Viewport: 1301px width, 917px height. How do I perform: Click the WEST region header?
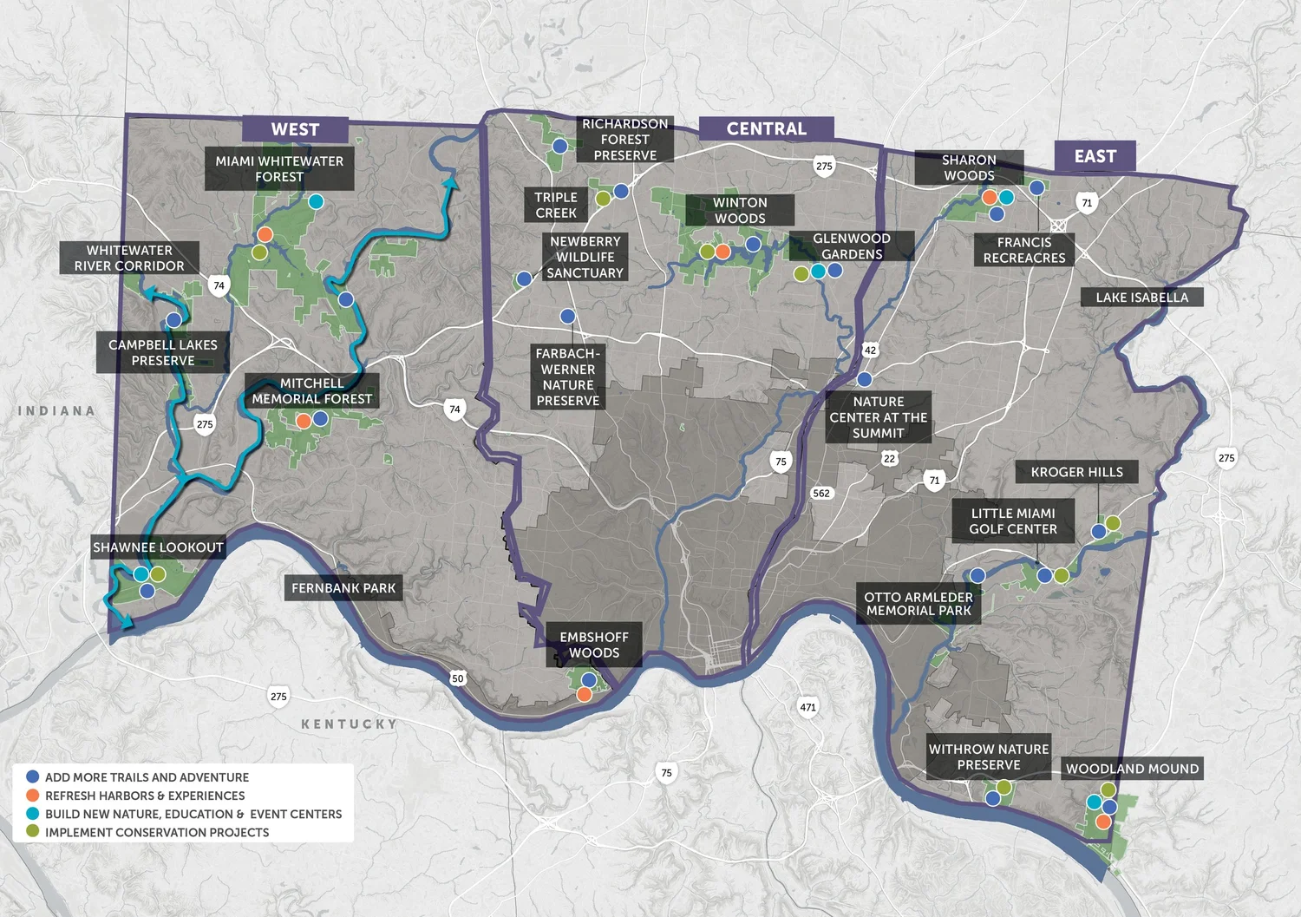coord(295,129)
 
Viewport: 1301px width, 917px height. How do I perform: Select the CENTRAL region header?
coord(766,128)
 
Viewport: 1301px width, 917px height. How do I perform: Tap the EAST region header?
coord(1095,156)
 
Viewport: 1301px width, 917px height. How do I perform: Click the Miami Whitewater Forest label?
coord(279,169)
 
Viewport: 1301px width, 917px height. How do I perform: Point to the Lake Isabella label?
coord(1141,298)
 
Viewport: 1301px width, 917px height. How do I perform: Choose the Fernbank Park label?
coord(343,588)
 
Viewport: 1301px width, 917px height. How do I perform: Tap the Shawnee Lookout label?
coord(159,547)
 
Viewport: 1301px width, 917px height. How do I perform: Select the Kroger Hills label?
coord(1076,472)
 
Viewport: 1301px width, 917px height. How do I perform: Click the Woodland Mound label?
coord(1132,769)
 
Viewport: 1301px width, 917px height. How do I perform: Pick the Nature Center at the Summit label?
coord(878,417)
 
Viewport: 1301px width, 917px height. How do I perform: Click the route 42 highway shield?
coord(870,350)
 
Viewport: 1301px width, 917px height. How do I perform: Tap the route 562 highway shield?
coord(821,494)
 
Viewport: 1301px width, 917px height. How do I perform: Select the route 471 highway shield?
coord(807,707)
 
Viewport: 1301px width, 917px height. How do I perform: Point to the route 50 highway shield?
coord(458,678)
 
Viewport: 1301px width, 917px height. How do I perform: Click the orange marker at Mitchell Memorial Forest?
coord(304,421)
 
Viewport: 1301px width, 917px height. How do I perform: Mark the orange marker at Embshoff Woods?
coord(585,694)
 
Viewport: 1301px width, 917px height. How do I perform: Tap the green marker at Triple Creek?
coord(603,199)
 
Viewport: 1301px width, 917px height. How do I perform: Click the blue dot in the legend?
coord(33,777)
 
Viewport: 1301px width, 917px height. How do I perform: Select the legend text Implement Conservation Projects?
coord(157,832)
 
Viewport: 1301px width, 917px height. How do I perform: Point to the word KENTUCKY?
coord(349,724)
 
